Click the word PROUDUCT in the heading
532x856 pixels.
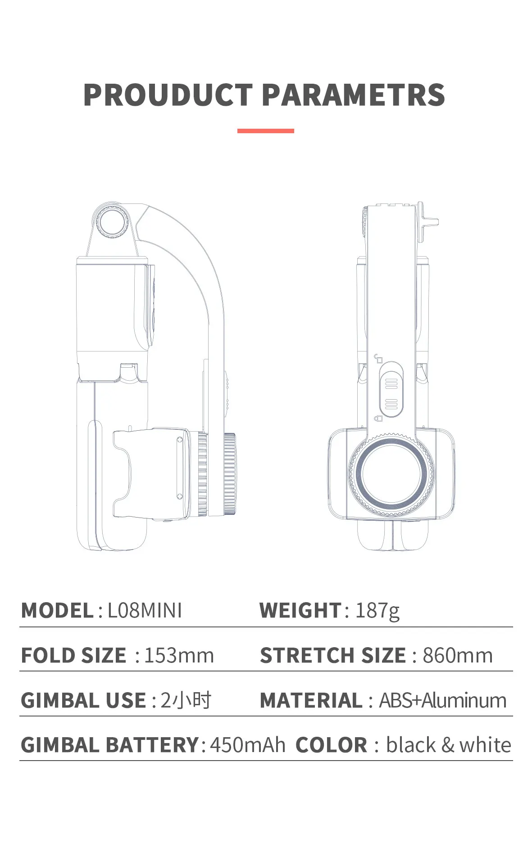[x=168, y=95]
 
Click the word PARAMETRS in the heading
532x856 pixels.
[x=354, y=95]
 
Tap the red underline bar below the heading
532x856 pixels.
[x=266, y=131]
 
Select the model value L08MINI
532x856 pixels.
[x=145, y=611]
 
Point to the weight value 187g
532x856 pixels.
[x=377, y=611]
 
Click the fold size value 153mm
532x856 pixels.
[x=179, y=655]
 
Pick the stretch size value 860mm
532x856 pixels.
[x=458, y=655]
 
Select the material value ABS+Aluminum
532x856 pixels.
[x=443, y=700]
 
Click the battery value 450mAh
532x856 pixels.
[x=248, y=745]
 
